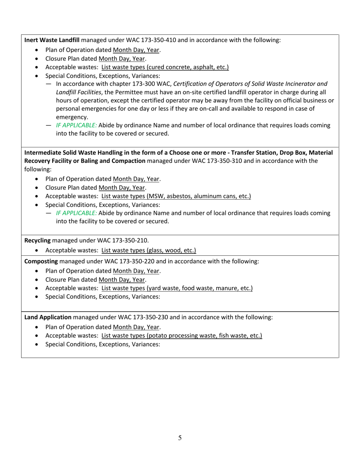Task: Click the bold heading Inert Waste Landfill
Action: (x=52, y=40)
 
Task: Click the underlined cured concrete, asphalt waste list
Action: (x=165, y=67)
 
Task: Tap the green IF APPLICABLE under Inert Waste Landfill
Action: (x=76, y=125)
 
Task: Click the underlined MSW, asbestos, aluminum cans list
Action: (x=176, y=196)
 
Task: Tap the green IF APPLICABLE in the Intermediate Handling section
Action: (x=76, y=213)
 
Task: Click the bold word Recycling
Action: (x=38, y=240)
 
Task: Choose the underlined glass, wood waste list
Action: (x=149, y=250)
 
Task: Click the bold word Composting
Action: (x=41, y=261)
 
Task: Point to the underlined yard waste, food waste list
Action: (x=177, y=288)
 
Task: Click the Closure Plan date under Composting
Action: (x=122, y=280)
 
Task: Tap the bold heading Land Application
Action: (x=48, y=317)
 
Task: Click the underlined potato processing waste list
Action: (x=182, y=335)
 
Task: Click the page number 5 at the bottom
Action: (x=180, y=438)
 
